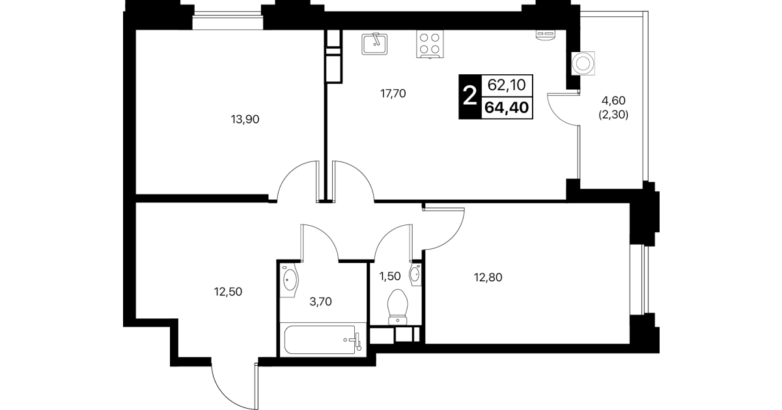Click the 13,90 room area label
[245, 120]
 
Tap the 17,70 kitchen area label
[393, 94]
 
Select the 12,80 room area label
[488, 277]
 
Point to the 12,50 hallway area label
[228, 292]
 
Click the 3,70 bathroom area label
[320, 302]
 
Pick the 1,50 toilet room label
[390, 277]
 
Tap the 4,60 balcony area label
[614, 100]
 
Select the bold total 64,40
[507, 107]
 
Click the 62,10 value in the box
[507, 85]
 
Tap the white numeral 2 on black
[470, 97]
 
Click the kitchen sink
[374, 44]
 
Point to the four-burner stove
[430, 44]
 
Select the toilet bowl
[398, 307]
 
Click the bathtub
[323, 340]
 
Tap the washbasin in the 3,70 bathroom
[290, 280]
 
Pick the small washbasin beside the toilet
[416, 274]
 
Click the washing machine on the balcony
[583, 64]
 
